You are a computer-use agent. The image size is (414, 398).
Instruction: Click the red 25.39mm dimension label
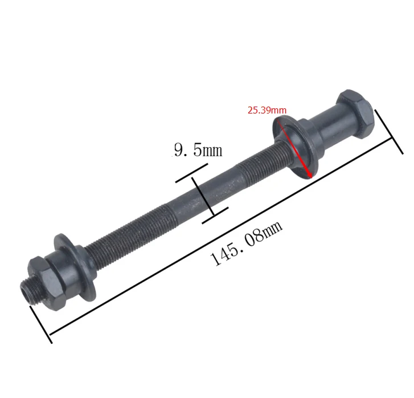coord(267,110)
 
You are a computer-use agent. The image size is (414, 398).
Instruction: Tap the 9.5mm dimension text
coord(198,150)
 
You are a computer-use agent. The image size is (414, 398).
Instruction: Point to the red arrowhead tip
coord(312,178)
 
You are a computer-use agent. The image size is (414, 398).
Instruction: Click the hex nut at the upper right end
coord(355,114)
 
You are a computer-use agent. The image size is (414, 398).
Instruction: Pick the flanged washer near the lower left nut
coord(75,267)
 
